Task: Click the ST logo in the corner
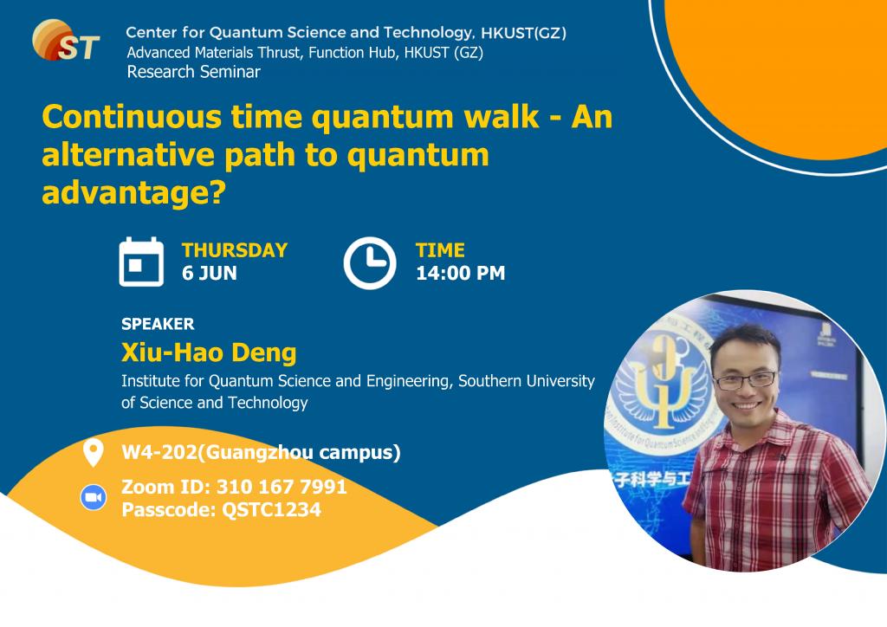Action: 66,40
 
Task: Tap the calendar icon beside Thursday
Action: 141,262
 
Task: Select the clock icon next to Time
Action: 370,263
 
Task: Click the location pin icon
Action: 93,452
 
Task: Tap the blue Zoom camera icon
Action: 94,498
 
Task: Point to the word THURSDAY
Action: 235,250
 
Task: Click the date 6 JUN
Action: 210,273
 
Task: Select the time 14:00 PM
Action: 461,273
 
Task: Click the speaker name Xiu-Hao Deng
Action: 209,352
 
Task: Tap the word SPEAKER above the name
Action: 158,324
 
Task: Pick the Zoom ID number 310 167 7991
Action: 282,487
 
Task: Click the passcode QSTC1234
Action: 271,510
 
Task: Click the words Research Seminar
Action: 193,72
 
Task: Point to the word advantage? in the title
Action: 134,193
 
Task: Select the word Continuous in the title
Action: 132,117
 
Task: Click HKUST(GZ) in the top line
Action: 524,33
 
